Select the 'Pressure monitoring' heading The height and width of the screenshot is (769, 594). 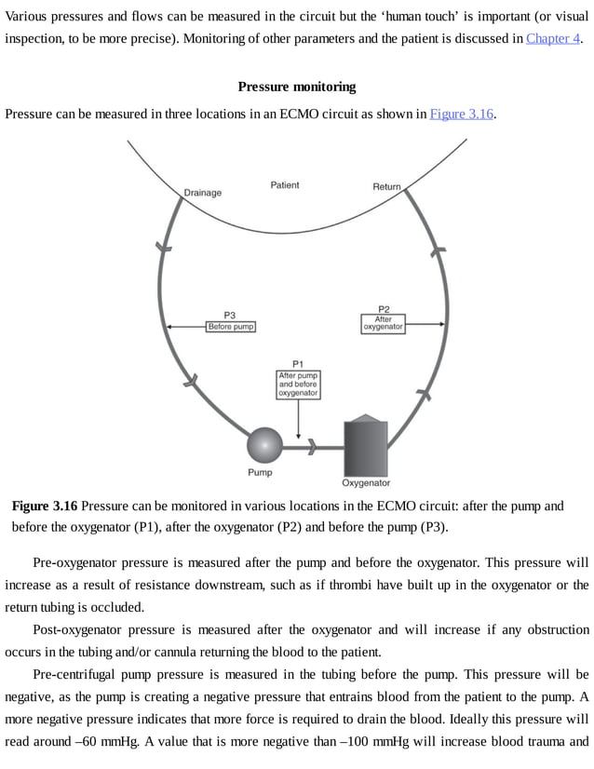297,87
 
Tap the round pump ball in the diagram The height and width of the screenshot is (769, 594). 263,444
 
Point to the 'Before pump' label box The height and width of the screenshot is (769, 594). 230,327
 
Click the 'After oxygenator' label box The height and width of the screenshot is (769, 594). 383,323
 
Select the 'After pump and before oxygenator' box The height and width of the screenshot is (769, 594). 298,384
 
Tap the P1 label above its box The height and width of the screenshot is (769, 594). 298,363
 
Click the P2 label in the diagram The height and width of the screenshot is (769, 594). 384,309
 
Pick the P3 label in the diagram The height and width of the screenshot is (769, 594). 230,315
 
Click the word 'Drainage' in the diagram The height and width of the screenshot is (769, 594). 203,193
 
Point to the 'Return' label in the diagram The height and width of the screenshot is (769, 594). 386,187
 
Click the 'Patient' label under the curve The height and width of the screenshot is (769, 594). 285,185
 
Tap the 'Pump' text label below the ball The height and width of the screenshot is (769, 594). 260,473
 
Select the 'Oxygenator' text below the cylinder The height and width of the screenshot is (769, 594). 366,483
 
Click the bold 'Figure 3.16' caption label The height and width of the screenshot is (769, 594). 45,506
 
